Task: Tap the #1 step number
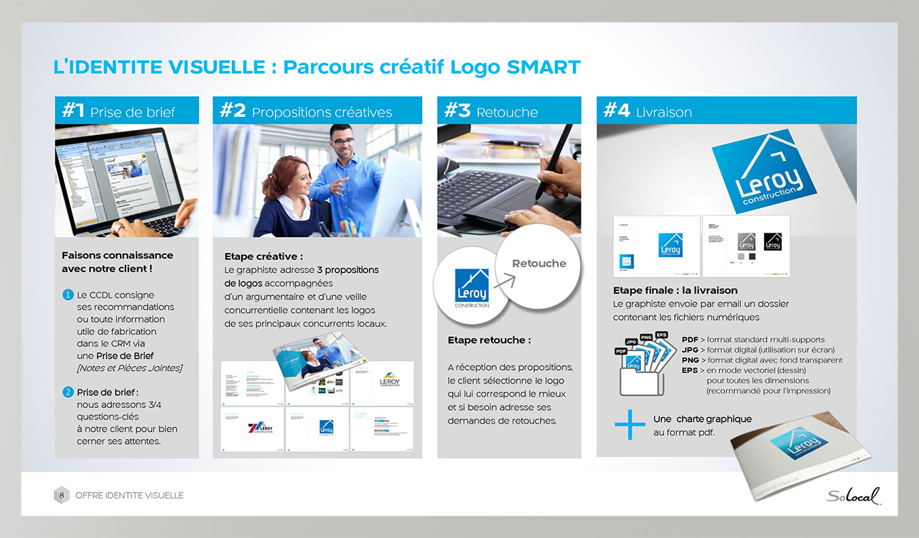pos(73,111)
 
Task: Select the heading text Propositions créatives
pos(322,113)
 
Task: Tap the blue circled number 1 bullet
pos(67,294)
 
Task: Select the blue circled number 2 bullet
pos(67,392)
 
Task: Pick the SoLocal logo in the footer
pos(852,496)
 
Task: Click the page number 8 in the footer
pos(62,495)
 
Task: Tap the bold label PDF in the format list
pos(689,340)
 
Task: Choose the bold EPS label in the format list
pos(689,371)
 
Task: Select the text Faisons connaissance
pos(117,255)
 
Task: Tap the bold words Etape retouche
pos(489,340)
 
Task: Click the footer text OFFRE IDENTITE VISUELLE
pos(129,496)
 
